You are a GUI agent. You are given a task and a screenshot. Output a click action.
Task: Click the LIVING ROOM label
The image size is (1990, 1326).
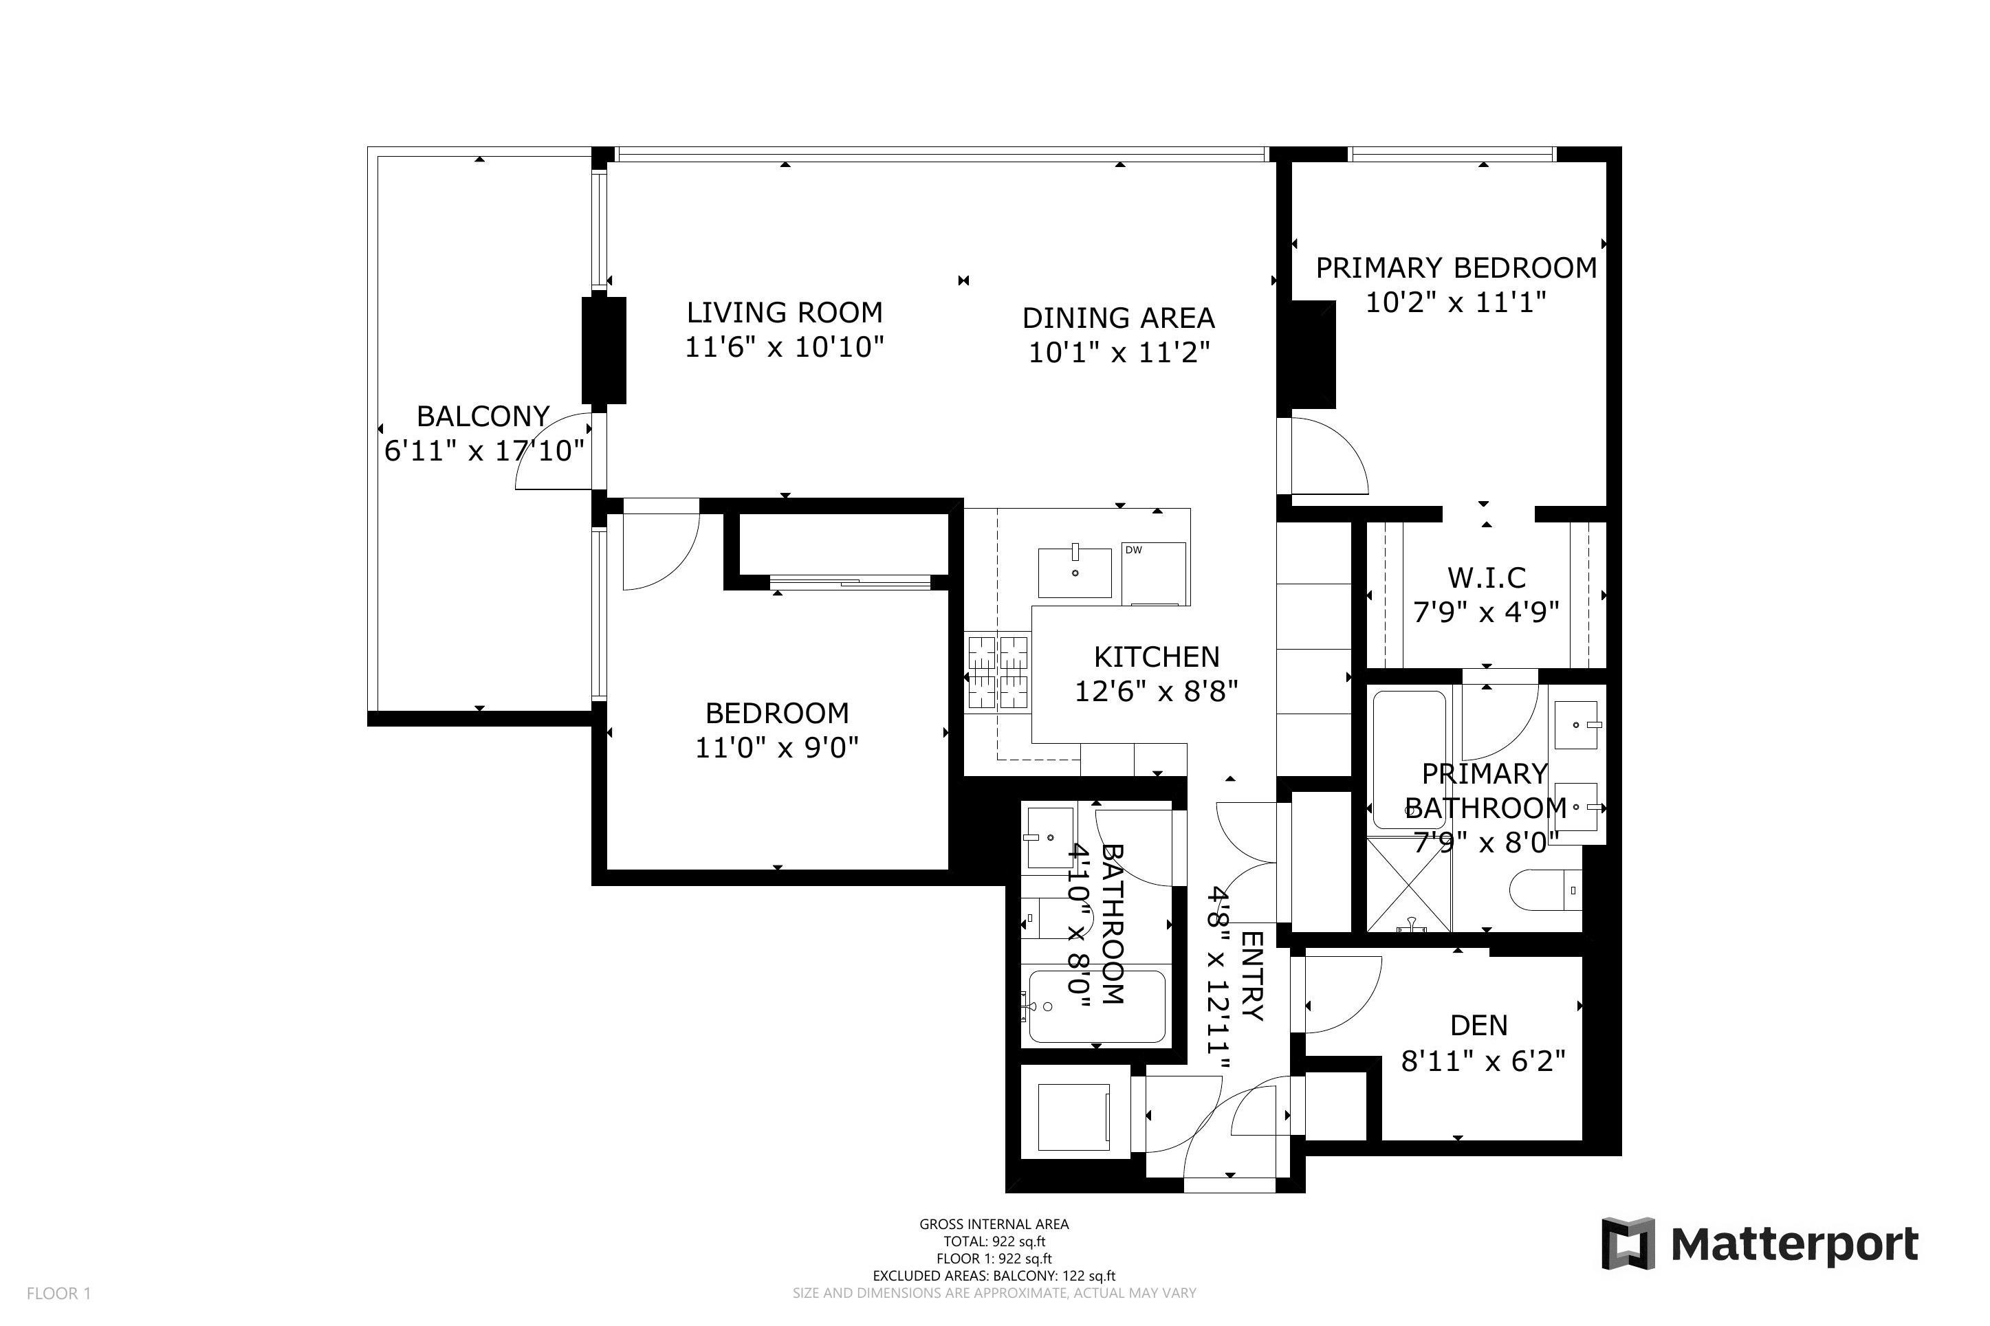click(x=783, y=313)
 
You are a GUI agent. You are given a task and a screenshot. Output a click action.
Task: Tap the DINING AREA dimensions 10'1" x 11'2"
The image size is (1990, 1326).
click(x=1118, y=353)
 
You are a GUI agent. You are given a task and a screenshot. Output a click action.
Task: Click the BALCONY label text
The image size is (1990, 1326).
click(x=483, y=416)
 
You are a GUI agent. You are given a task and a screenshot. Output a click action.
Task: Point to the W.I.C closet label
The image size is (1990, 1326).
click(x=1486, y=577)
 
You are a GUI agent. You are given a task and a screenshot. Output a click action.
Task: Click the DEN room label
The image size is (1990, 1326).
click(x=1478, y=1025)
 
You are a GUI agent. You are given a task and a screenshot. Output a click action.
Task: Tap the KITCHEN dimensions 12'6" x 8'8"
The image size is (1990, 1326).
click(x=1155, y=692)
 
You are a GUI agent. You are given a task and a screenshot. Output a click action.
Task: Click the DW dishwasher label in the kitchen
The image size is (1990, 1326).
click(x=1133, y=550)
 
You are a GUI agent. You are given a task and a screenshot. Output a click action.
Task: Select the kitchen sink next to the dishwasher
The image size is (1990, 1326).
click(x=1074, y=573)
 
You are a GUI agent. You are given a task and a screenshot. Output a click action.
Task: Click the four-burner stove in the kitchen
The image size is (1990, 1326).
click(x=997, y=672)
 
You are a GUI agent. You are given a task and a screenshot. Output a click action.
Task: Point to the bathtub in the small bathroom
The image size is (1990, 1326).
click(x=1096, y=1006)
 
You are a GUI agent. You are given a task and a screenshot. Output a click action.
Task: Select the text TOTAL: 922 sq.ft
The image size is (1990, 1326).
click(x=994, y=1241)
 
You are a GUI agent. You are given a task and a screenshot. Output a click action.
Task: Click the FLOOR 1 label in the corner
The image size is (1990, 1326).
click(x=58, y=1293)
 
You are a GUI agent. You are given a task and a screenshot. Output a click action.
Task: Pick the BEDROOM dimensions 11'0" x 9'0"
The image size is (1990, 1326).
click(x=776, y=748)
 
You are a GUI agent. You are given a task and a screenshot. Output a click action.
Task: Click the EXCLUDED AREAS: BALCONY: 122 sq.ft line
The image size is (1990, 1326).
click(x=994, y=1275)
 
